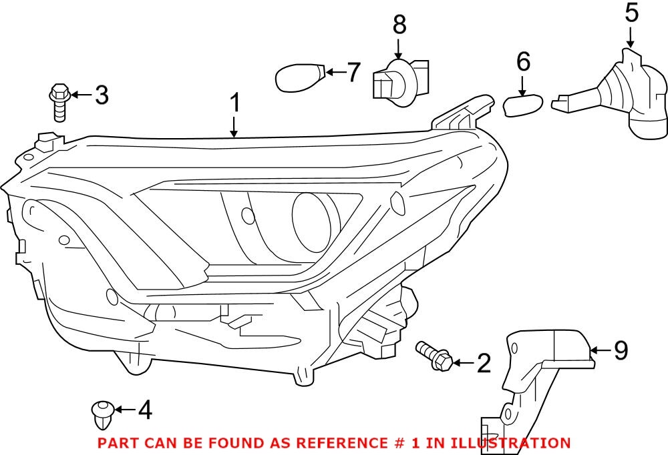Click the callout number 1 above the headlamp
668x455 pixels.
(234, 104)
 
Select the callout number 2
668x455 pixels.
(483, 364)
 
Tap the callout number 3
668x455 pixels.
(102, 95)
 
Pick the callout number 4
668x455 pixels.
(144, 410)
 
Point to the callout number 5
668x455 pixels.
(631, 13)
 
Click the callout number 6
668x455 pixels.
(523, 62)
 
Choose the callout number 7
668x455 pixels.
(353, 71)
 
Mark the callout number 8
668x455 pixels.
(399, 25)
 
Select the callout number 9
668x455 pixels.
(621, 350)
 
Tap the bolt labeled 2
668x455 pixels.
(434, 356)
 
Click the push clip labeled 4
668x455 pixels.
(101, 413)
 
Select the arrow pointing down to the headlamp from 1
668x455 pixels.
(234, 127)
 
